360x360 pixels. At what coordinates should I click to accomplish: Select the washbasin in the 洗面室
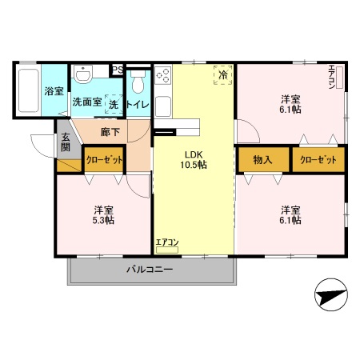point(83,76)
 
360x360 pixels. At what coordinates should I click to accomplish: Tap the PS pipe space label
point(117,70)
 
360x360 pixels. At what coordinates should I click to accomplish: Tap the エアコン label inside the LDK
point(167,242)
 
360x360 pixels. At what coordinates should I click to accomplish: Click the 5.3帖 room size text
point(103,220)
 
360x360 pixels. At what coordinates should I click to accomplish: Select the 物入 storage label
point(263,159)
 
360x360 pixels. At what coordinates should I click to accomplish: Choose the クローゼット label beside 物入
point(318,159)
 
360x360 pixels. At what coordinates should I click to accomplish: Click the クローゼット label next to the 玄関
point(105,160)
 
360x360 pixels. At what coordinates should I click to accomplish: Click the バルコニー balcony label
point(149,270)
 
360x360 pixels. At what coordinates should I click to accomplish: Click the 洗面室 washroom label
point(87,102)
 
